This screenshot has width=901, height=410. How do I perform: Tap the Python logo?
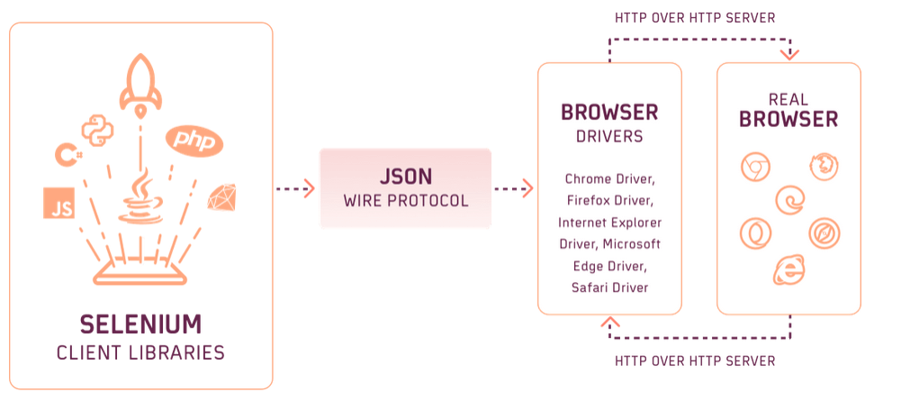[x=97, y=131]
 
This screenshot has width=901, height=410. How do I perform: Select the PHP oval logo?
[x=194, y=140]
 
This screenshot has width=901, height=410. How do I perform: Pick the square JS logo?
[x=59, y=205]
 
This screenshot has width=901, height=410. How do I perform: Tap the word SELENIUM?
[x=140, y=324]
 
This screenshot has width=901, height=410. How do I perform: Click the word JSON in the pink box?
[x=405, y=175]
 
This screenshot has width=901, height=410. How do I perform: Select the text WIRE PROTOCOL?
[x=405, y=200]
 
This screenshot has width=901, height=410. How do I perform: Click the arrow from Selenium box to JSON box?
[x=295, y=188]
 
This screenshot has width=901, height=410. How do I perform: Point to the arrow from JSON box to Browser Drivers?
[x=514, y=188]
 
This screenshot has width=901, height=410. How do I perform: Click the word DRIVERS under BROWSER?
[x=609, y=137]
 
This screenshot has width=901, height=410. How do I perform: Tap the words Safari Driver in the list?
[x=609, y=287]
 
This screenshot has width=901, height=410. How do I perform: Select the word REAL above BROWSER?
[x=788, y=98]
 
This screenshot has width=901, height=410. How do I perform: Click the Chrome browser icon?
[x=754, y=166]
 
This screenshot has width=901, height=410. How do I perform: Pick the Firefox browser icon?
[x=823, y=166]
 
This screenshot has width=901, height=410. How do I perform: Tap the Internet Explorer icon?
[x=789, y=269]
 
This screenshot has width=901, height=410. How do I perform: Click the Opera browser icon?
[x=754, y=233]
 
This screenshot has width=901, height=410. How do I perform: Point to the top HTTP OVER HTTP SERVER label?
[x=694, y=17]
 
